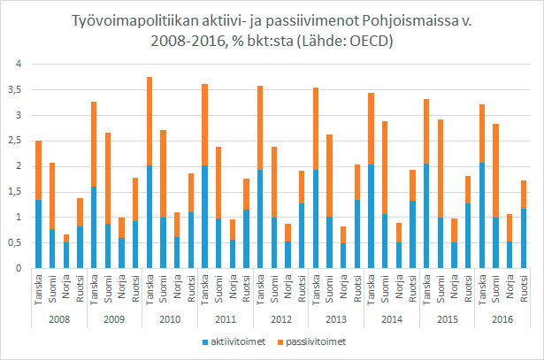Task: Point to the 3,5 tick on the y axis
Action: coord(13,89)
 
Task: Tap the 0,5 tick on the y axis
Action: coord(13,242)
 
